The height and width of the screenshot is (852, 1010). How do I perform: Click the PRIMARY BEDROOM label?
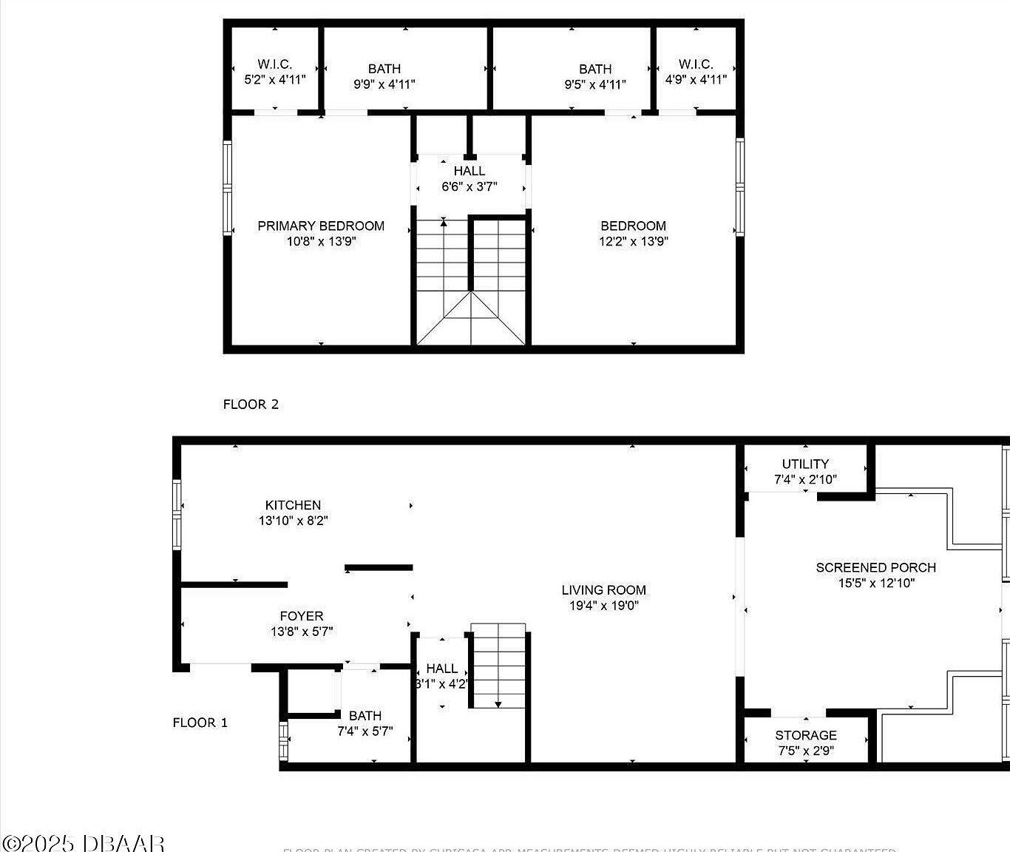tap(321, 226)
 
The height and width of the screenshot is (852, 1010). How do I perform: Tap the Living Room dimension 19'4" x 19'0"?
tap(603, 606)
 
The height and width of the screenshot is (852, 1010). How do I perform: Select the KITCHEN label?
tap(293, 505)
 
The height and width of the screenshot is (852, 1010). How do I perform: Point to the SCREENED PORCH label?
tap(875, 567)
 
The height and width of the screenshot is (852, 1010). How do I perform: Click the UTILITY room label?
tap(805, 464)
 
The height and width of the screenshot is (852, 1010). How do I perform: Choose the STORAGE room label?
tap(805, 735)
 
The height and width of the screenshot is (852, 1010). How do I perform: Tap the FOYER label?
tap(302, 616)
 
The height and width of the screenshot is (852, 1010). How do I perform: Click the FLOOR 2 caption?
tap(251, 404)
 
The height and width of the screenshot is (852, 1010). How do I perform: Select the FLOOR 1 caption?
tap(200, 723)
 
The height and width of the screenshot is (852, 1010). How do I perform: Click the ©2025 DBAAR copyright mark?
tap(83, 842)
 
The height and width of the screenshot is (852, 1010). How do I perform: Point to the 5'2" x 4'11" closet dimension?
tap(274, 79)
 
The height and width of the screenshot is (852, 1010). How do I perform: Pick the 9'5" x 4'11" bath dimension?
tap(594, 84)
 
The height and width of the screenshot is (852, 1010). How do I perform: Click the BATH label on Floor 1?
tap(365, 715)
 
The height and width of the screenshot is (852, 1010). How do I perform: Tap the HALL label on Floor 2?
tap(470, 171)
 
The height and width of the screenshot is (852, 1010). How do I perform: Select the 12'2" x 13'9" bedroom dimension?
tap(634, 241)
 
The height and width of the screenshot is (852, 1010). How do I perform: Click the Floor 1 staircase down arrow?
tap(499, 703)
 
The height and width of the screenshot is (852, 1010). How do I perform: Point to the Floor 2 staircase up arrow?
tap(444, 221)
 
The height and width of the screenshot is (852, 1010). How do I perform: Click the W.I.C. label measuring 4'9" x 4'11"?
tap(696, 64)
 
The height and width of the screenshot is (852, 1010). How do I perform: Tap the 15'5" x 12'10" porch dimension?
tap(875, 583)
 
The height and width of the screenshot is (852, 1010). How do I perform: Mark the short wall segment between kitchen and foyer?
tap(379, 568)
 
